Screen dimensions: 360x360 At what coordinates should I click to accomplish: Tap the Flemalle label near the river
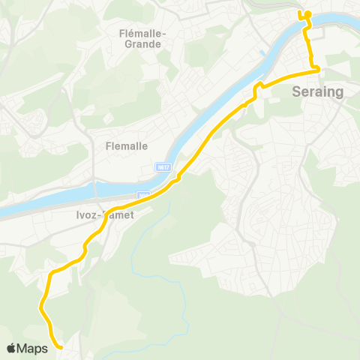click(127, 146)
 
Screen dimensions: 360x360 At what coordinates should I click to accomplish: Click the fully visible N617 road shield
click(166, 166)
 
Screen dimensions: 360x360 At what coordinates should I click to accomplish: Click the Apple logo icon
click(13, 348)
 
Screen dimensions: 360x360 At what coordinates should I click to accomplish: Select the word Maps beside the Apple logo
click(34, 348)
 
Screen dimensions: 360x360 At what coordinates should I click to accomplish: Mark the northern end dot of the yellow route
click(307, 13)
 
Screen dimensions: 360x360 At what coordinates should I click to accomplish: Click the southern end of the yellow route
click(58, 346)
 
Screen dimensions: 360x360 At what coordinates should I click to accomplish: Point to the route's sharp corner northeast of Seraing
click(318, 70)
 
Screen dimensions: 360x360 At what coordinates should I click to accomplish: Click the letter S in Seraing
click(295, 92)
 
